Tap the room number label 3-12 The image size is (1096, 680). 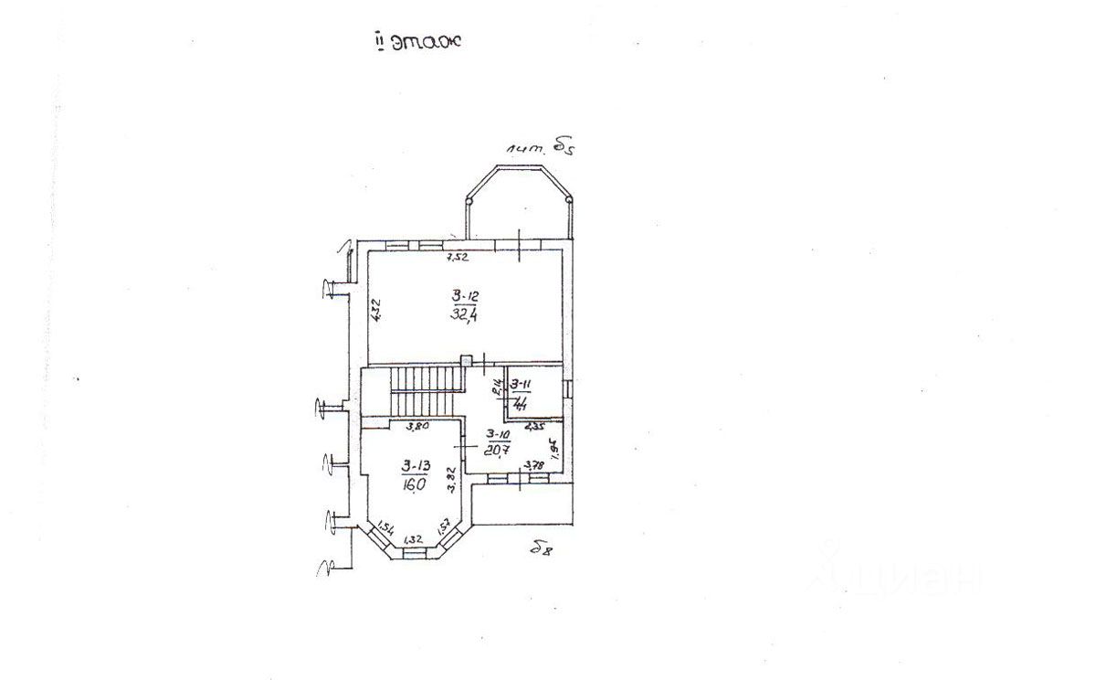click(465, 295)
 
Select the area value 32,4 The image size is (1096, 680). click(465, 316)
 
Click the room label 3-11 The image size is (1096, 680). click(522, 385)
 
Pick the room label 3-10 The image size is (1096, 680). click(499, 434)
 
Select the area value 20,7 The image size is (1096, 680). click(498, 450)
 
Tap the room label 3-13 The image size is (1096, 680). click(416, 466)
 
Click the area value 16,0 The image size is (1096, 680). click(414, 485)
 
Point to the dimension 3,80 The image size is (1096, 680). click(417, 426)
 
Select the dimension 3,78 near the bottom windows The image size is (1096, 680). click(532, 466)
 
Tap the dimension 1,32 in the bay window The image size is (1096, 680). click(413, 539)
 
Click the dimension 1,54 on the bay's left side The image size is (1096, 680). click(385, 529)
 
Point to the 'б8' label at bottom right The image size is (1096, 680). click(543, 548)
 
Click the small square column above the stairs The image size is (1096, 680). click(467, 361)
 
